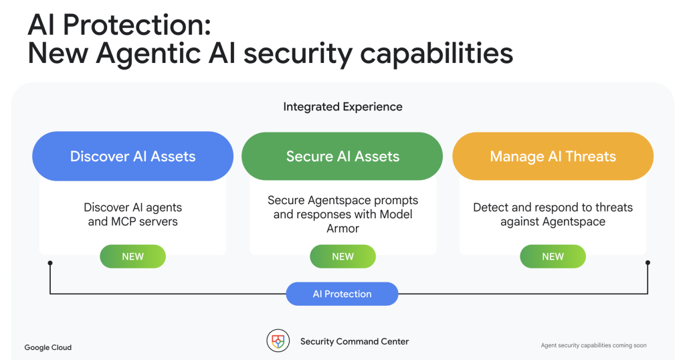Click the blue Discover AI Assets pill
133,156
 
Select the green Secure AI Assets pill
342,156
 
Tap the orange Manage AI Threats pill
553,156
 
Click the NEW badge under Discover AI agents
133,256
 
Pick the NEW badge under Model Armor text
343,256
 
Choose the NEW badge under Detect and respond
553,256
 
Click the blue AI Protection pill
342,294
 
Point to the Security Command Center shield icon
278,341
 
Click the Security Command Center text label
355,342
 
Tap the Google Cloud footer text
48,347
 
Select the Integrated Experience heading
343,106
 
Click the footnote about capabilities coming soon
594,345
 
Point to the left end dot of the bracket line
50,263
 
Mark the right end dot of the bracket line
648,262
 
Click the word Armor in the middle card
343,228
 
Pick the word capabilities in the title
436,54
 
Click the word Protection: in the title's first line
137,25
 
